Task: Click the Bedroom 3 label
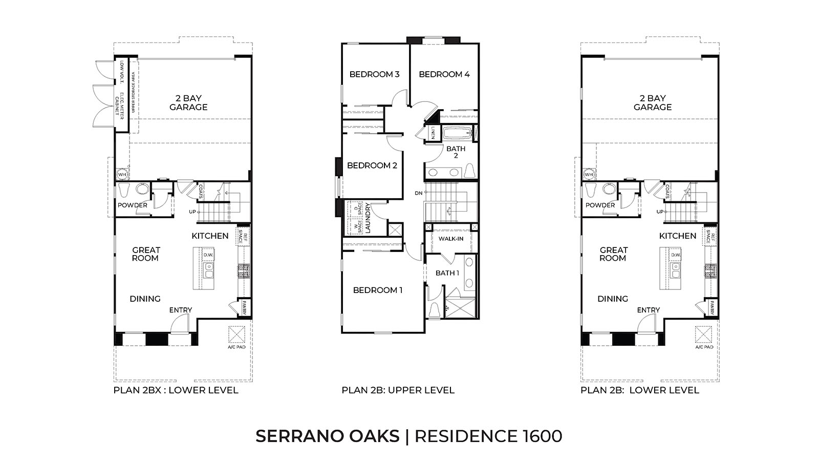(374, 74)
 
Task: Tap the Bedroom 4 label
(444, 74)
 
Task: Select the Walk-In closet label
(450, 239)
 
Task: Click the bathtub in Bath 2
(457, 135)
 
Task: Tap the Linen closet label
(433, 133)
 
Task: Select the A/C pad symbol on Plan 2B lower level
(703, 335)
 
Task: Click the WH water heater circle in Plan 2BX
(122, 175)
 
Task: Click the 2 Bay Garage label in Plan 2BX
(188, 102)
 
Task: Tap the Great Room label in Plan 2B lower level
(613, 254)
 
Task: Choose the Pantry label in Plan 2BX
(245, 307)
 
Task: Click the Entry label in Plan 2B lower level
(648, 310)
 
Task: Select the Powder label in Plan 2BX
(133, 205)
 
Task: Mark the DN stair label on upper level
(419, 193)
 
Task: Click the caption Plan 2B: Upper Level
(398, 390)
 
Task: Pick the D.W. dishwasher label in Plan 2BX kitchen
(208, 255)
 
